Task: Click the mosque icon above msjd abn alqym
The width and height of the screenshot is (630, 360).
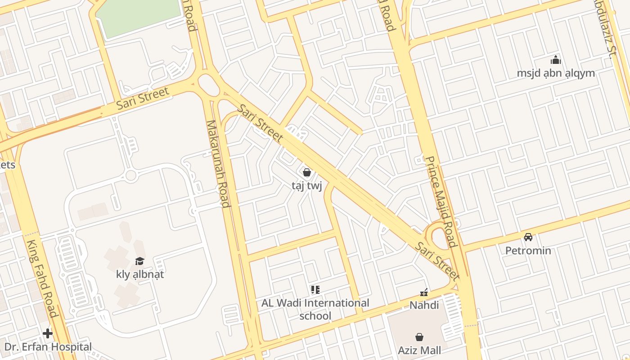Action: coord(556,60)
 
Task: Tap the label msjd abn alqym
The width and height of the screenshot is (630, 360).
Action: coord(556,73)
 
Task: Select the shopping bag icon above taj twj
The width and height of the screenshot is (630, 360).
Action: coord(307,172)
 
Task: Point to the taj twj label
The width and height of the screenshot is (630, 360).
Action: coord(307,186)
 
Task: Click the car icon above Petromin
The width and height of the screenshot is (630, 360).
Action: coord(528,237)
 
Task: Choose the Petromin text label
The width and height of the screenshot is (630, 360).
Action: coord(528,250)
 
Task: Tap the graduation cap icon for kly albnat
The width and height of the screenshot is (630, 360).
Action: coord(140,261)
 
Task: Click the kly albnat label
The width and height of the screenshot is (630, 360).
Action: coord(140,274)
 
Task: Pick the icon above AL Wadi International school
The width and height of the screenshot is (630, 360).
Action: coord(315,289)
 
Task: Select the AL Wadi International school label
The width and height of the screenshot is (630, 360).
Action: coord(315,309)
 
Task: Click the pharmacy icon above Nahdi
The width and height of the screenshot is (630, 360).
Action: coord(423,292)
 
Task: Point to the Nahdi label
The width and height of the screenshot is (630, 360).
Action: coord(424,305)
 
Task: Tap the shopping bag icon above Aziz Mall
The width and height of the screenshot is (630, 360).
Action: coord(419,337)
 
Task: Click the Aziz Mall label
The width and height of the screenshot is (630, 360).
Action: coord(419,350)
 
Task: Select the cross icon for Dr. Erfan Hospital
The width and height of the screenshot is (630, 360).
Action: coord(48,333)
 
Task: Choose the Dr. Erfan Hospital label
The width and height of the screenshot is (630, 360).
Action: coord(48,347)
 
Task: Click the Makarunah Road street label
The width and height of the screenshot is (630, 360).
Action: coord(218,164)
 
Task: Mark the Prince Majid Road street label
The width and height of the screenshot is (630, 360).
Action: coord(441,202)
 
